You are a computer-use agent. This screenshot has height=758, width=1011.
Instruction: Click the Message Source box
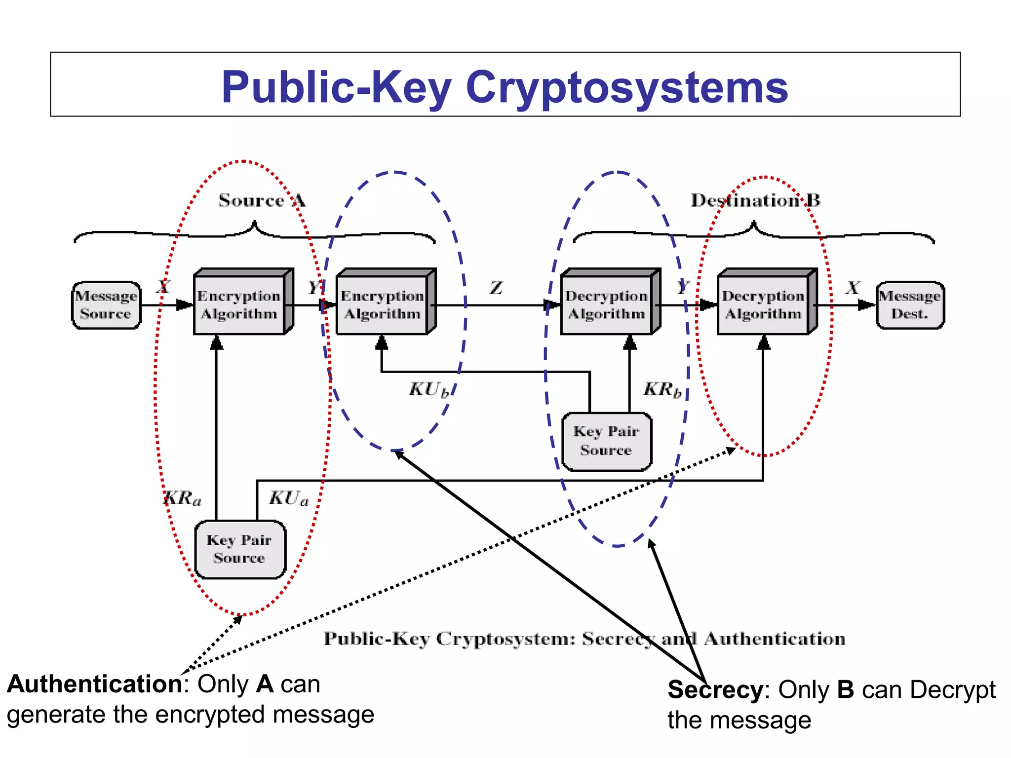(106, 305)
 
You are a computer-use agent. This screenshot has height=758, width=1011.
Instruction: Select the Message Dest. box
(910, 305)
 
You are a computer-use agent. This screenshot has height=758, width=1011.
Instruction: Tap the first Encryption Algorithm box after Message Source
(239, 305)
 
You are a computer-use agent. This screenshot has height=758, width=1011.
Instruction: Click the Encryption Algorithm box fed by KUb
(382, 305)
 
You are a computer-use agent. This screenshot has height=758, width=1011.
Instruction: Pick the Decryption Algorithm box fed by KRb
(607, 305)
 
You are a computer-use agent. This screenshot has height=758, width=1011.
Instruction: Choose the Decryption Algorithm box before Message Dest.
(763, 305)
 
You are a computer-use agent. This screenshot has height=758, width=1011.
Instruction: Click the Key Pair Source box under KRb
(607, 441)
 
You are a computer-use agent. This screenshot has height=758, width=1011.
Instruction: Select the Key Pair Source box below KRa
(240, 549)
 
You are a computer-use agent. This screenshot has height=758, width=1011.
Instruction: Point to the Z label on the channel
(496, 288)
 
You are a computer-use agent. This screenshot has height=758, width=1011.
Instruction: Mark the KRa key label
(182, 498)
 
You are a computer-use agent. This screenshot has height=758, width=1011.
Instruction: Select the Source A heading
(262, 200)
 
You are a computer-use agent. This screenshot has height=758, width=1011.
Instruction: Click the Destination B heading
(755, 200)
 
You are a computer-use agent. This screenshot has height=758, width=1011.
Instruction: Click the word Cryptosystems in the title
(626, 87)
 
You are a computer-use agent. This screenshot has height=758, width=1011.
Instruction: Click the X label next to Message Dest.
(853, 288)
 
